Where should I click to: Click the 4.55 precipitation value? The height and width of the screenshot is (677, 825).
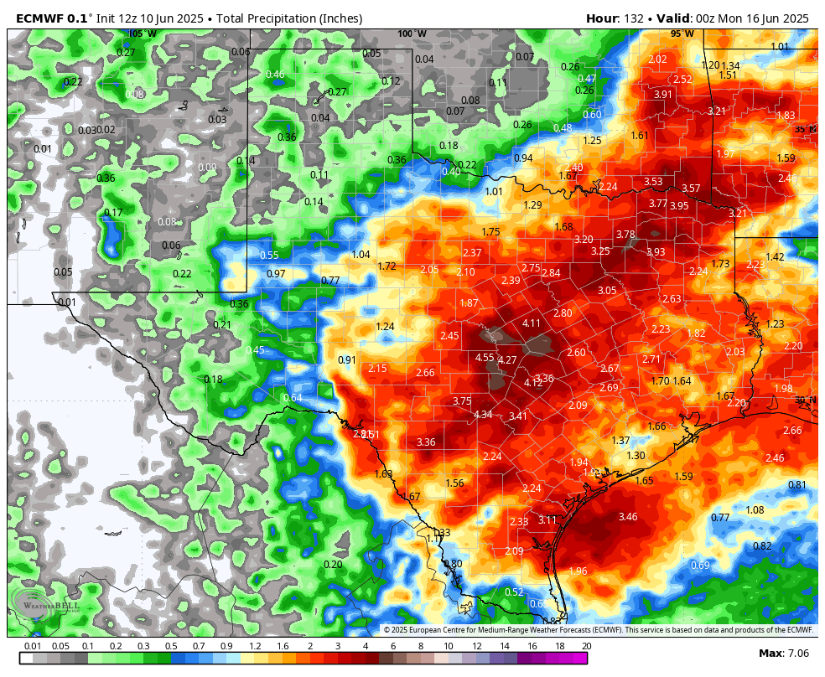tap(485, 358)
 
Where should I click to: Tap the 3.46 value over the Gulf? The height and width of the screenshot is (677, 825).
tap(628, 517)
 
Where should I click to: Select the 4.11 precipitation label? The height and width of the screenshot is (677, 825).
tap(532, 323)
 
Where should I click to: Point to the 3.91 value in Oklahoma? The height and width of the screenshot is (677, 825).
tap(663, 95)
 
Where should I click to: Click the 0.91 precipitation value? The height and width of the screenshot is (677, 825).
tap(347, 360)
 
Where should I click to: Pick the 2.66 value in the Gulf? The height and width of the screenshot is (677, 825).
tap(792, 431)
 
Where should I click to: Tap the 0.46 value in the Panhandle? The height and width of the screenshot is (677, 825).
tap(275, 75)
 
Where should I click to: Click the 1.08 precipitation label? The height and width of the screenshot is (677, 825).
tap(755, 510)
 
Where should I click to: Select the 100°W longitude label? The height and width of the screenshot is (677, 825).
tap(412, 34)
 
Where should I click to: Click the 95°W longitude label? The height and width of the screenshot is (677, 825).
tap(682, 34)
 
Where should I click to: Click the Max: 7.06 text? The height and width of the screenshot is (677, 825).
tap(783, 654)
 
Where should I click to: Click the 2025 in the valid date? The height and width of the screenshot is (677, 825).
tap(795, 18)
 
